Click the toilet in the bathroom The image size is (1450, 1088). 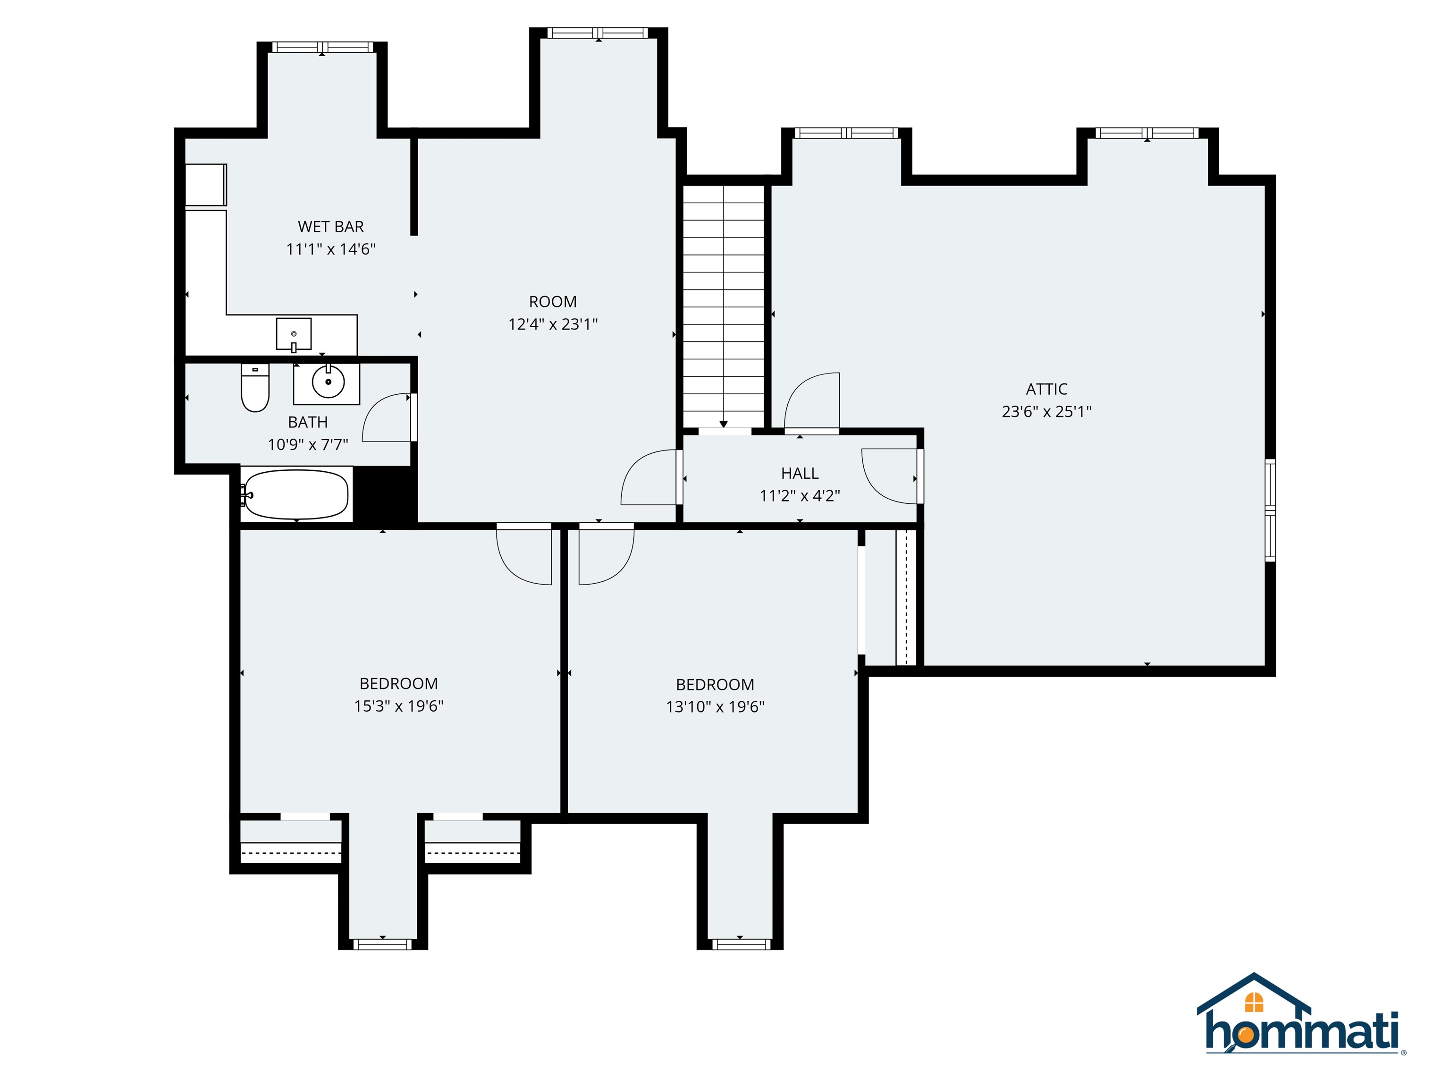(x=255, y=388)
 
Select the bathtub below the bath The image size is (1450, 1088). (x=295, y=494)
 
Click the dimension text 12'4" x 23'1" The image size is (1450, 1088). (x=553, y=324)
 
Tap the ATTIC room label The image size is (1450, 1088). (x=1046, y=389)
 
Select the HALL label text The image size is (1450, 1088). (x=799, y=473)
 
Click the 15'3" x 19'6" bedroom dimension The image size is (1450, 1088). (x=398, y=705)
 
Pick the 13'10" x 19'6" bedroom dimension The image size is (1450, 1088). (x=715, y=707)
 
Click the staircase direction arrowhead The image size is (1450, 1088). (x=723, y=424)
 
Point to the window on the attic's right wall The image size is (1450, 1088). (x=1270, y=510)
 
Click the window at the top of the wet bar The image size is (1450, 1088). (x=322, y=47)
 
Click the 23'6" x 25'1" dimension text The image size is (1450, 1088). (x=1046, y=412)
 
